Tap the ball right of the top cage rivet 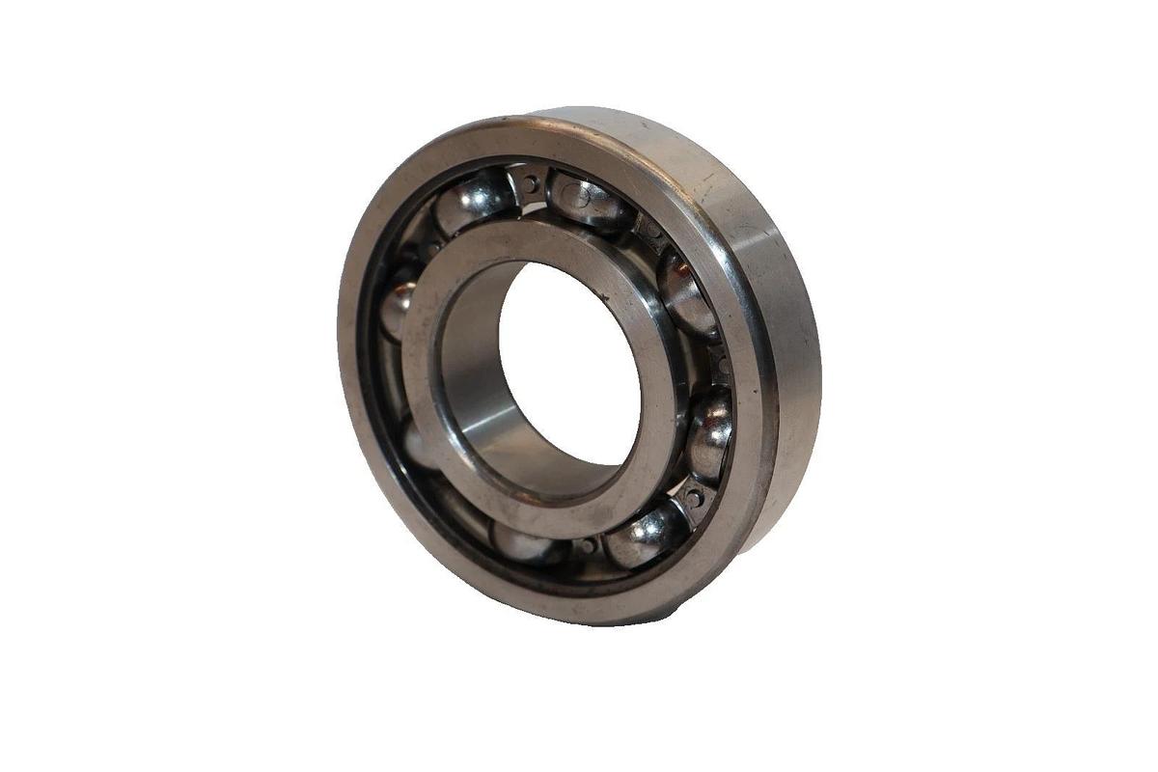point(589,201)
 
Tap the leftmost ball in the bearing point(397,307)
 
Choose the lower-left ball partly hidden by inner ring point(418,446)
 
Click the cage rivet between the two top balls point(531,181)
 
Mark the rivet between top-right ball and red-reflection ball point(652,232)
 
